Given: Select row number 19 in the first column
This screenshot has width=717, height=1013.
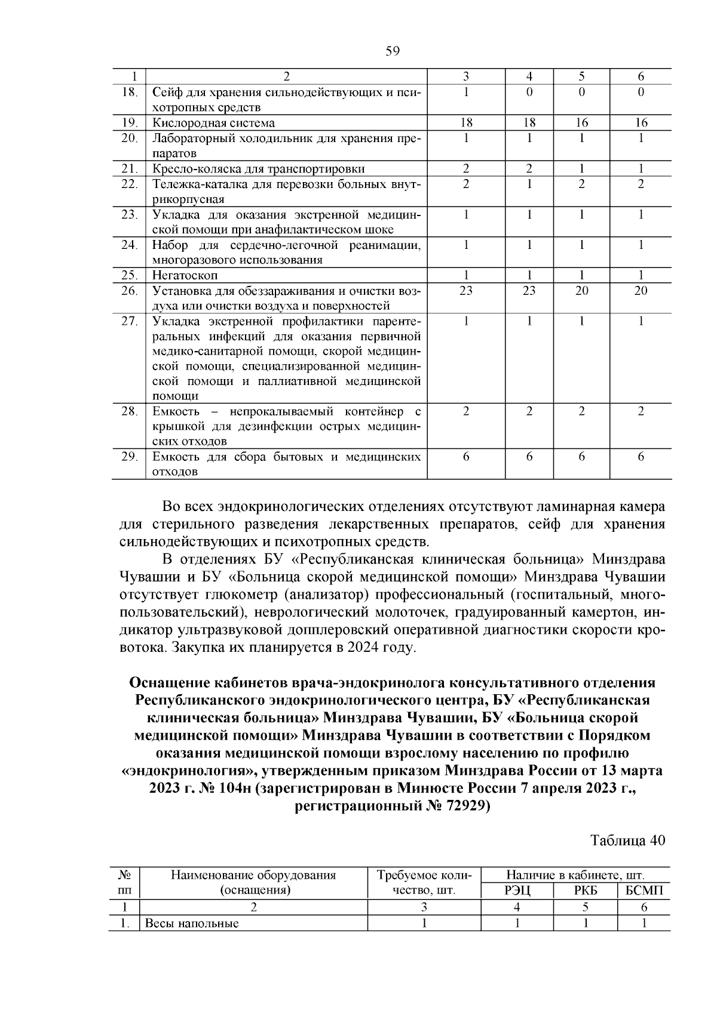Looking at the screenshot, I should pyautogui.click(x=130, y=123).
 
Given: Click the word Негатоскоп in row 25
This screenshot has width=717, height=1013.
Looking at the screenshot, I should pyautogui.click(x=185, y=275).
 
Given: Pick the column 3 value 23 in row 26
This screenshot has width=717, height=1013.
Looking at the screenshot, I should pyautogui.click(x=466, y=291).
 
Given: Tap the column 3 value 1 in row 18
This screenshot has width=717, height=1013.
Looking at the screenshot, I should pyautogui.click(x=466, y=93).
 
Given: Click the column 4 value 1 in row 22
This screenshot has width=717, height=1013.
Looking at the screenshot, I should pyautogui.click(x=529, y=184).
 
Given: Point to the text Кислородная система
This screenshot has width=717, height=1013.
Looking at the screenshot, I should pyautogui.click(x=214, y=123).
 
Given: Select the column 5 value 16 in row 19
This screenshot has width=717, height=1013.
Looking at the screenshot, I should pyautogui.click(x=581, y=123).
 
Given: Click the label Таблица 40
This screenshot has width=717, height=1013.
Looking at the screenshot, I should pyautogui.click(x=627, y=840).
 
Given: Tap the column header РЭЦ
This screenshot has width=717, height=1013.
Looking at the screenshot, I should pyautogui.click(x=517, y=891).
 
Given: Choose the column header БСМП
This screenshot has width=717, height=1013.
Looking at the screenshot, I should pyautogui.click(x=644, y=891).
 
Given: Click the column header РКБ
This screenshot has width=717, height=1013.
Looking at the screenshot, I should pyautogui.click(x=586, y=891).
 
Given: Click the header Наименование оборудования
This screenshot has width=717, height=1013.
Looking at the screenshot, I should pyautogui.click(x=253, y=876).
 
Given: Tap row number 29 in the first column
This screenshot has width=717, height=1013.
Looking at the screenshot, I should pyautogui.click(x=130, y=457).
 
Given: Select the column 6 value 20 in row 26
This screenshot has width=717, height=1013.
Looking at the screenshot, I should pyautogui.click(x=641, y=291).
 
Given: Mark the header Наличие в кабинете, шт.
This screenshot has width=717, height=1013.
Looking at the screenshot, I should pyautogui.click(x=575, y=876).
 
